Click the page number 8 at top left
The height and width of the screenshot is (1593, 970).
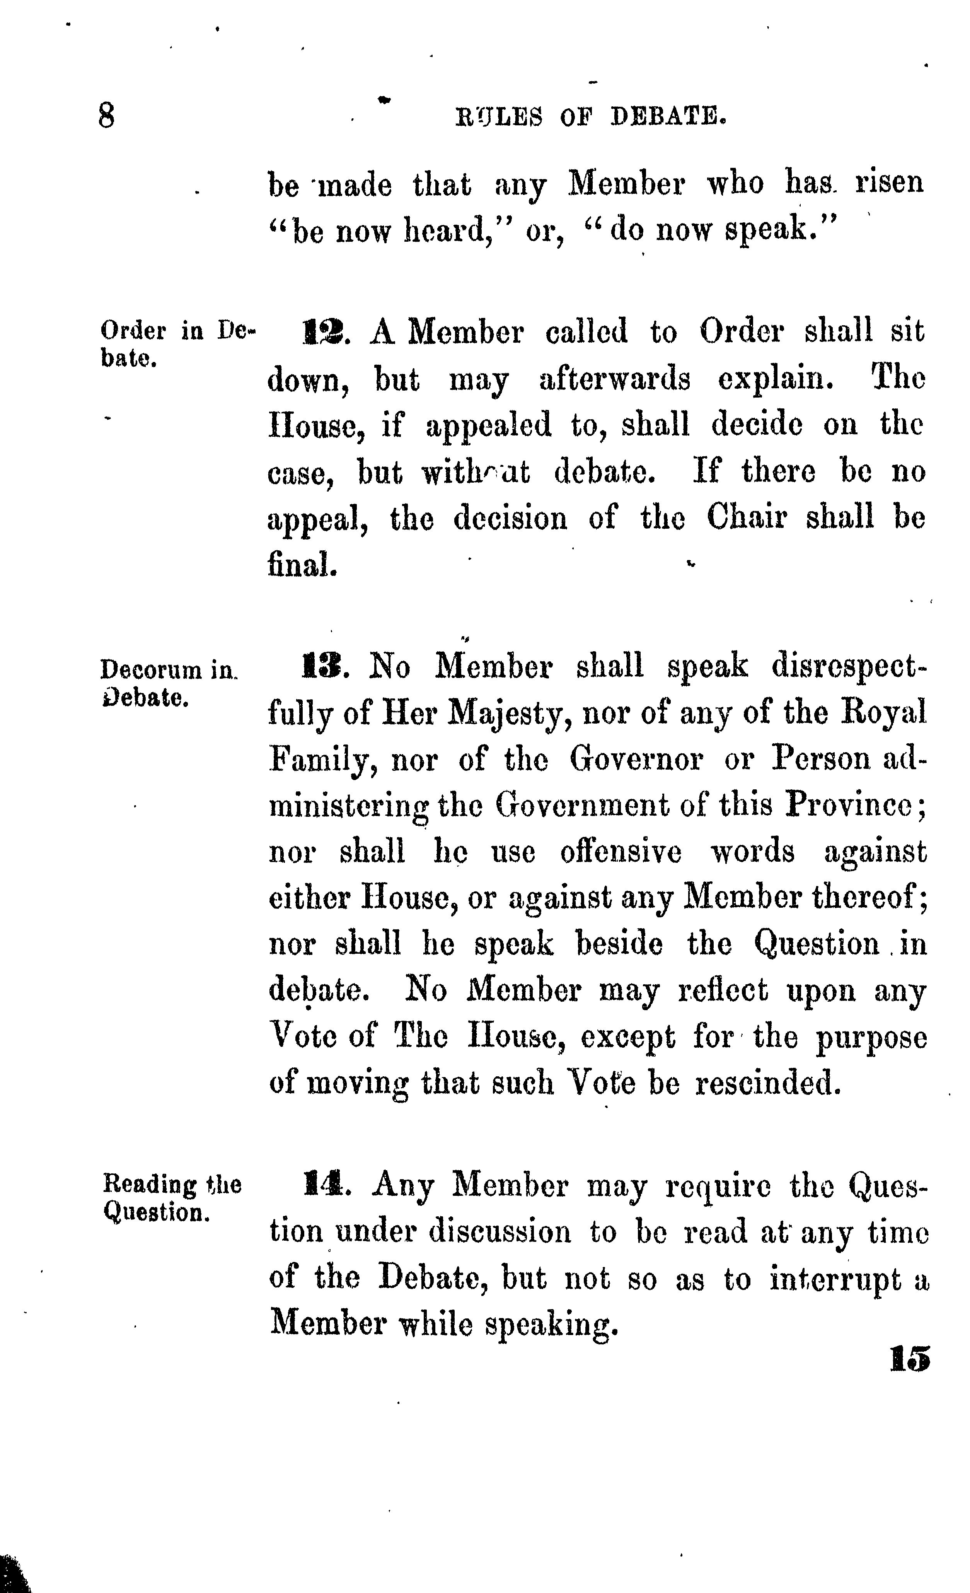[107, 116]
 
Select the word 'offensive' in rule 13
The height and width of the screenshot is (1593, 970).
[621, 852]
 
